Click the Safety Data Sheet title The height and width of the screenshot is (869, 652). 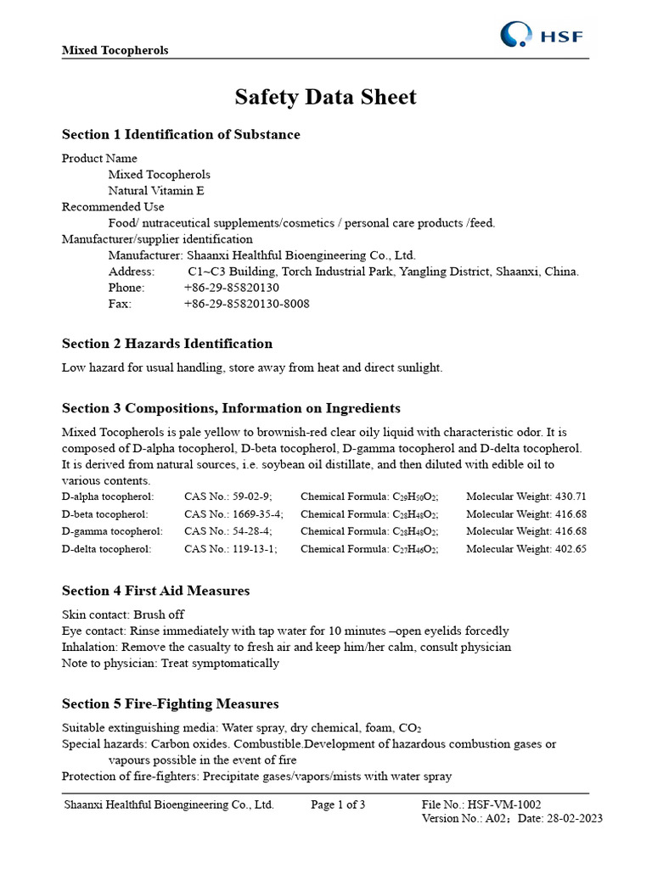click(x=325, y=98)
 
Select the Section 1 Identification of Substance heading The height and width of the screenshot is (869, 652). click(x=181, y=135)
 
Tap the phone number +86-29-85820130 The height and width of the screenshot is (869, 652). click(x=231, y=288)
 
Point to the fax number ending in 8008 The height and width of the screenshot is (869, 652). click(x=246, y=304)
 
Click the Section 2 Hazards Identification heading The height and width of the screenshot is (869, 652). click(x=167, y=344)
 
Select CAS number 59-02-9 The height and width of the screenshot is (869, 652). click(x=249, y=496)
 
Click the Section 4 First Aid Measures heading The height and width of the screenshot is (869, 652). click(x=156, y=591)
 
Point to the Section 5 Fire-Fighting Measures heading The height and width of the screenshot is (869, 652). click(x=171, y=704)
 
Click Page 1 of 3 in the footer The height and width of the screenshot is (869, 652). click(x=338, y=805)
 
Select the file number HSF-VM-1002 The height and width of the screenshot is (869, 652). click(x=506, y=805)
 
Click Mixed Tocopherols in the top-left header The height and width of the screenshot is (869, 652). click(x=115, y=50)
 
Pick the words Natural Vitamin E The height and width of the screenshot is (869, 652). click(x=156, y=191)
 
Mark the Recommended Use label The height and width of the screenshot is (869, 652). click(x=113, y=207)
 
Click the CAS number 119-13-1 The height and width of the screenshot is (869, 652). click(x=252, y=549)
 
